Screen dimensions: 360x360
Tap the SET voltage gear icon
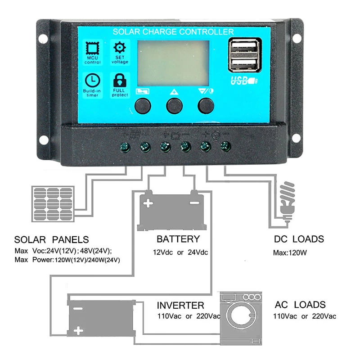120,48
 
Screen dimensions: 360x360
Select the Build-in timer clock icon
92,80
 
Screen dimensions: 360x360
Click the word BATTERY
178,238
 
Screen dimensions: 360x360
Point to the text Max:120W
290,252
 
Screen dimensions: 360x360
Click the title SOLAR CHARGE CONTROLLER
173,32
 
